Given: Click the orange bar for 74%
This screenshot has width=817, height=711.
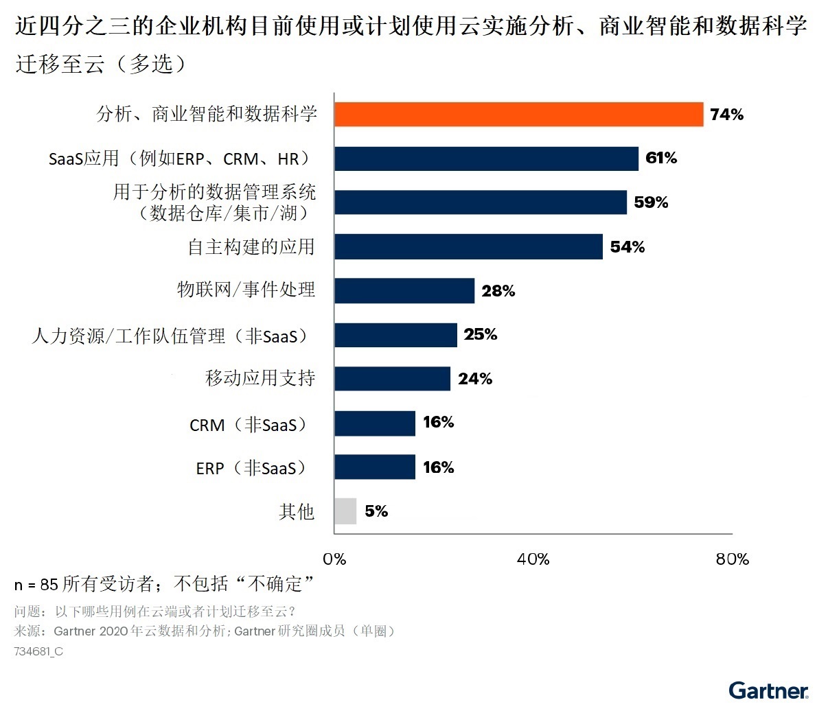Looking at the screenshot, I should [x=518, y=115].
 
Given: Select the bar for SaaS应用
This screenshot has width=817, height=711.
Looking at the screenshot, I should [x=486, y=159].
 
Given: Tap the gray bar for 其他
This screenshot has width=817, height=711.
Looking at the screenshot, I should [x=345, y=511].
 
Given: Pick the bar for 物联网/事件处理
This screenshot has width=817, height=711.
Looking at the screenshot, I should [x=404, y=291].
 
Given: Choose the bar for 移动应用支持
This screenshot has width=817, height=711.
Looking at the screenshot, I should [x=392, y=379].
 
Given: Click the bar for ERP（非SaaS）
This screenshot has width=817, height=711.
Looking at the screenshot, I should [x=375, y=467].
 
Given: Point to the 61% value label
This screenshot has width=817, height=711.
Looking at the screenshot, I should [x=661, y=159].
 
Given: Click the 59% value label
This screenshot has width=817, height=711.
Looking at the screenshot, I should [x=651, y=202].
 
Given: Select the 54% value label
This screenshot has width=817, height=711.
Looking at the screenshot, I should [x=627, y=247].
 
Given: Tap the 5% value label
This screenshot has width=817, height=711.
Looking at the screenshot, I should [x=376, y=511].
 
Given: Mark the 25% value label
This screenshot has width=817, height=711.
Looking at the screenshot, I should [x=480, y=335].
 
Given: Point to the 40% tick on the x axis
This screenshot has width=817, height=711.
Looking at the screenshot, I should [x=533, y=559].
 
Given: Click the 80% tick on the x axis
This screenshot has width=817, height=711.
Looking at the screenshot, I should [x=732, y=559].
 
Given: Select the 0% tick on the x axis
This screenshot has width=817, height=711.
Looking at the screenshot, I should [x=334, y=559].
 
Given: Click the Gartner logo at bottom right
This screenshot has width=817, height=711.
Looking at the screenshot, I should [x=768, y=690].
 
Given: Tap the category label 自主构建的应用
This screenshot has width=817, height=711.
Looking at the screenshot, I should [x=251, y=247].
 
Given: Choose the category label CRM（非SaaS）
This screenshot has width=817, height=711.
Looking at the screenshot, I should [x=248, y=425].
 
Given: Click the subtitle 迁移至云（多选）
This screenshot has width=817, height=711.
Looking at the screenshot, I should [x=101, y=64].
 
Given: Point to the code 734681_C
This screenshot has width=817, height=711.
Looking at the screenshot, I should [x=38, y=652].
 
